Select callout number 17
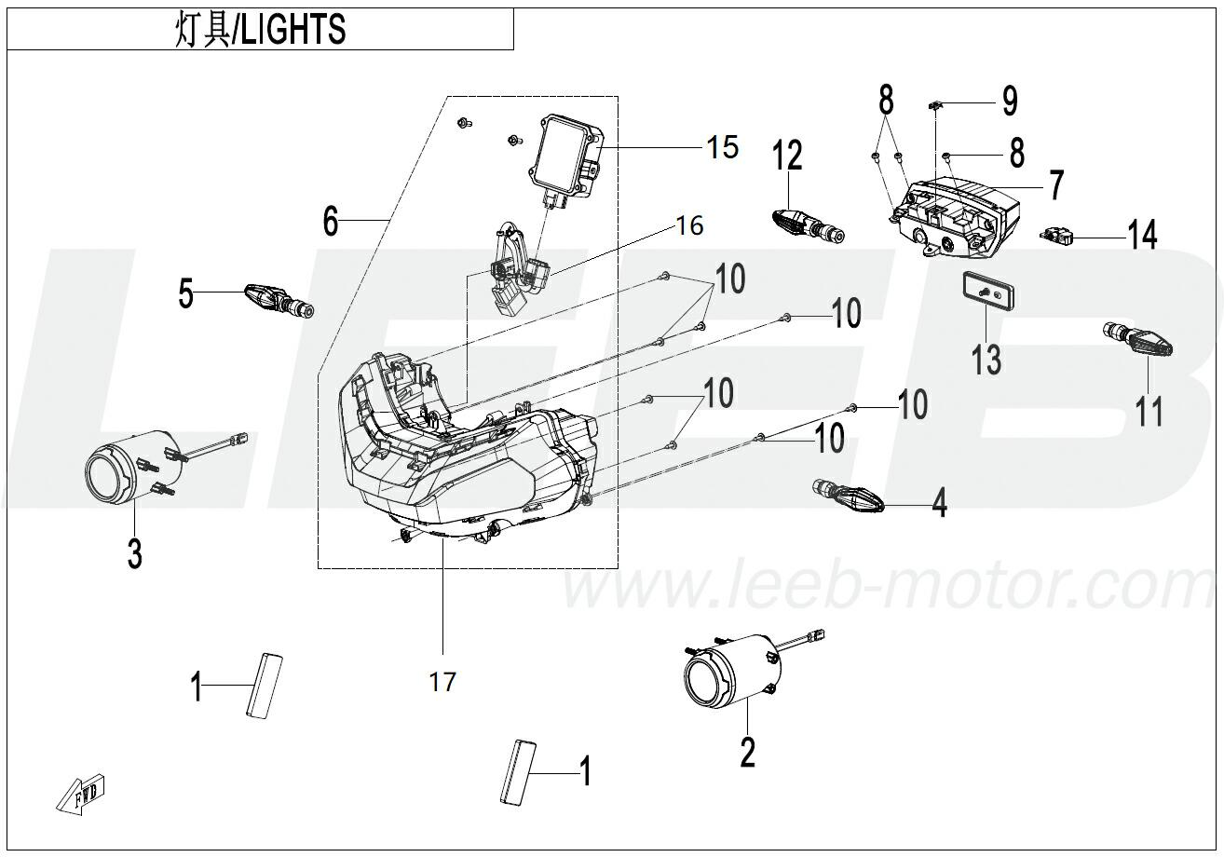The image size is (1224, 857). pyautogui.click(x=443, y=682)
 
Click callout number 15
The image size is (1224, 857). pyautogui.click(x=722, y=146)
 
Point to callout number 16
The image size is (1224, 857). pyautogui.click(x=689, y=225)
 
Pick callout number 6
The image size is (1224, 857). pyautogui.click(x=331, y=221)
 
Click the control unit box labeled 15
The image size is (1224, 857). pyautogui.click(x=564, y=157)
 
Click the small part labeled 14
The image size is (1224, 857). pyautogui.click(x=1059, y=237)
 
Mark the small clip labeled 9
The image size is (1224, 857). pyautogui.click(x=936, y=104)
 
